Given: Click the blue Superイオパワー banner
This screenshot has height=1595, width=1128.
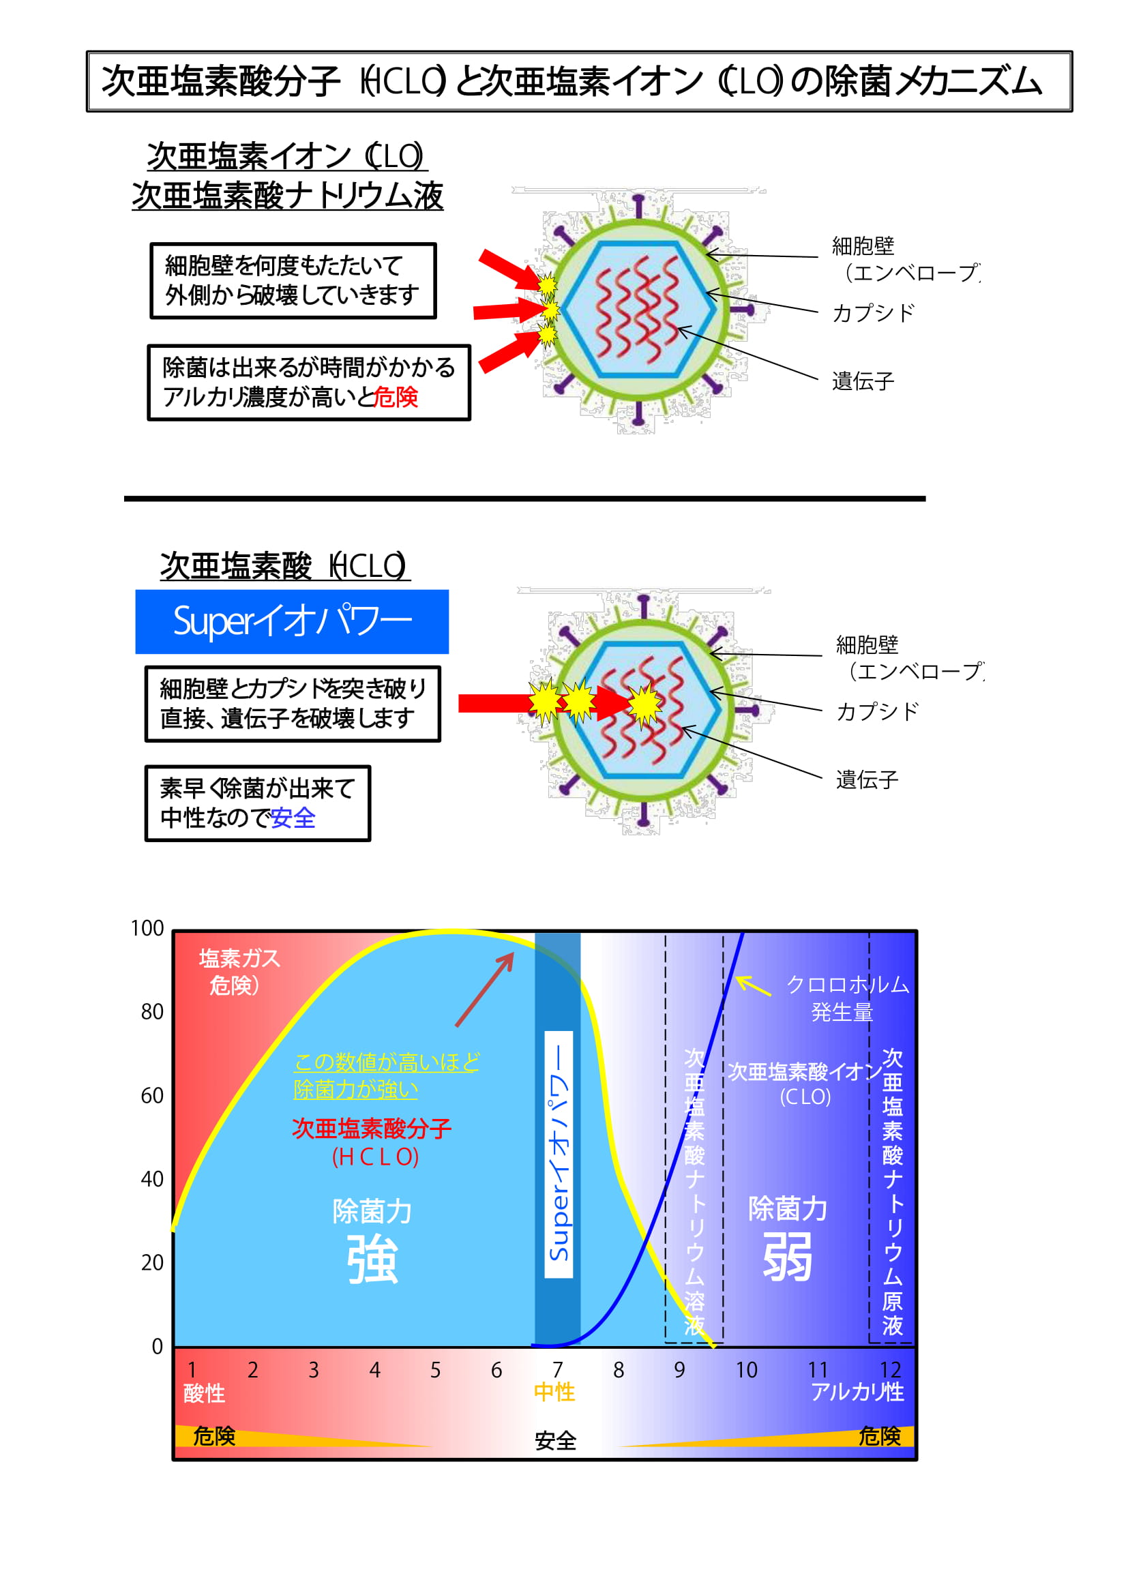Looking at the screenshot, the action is (x=292, y=622).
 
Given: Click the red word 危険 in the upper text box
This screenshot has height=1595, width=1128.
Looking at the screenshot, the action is (x=396, y=397).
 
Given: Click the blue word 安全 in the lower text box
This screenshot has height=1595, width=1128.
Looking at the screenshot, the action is (x=293, y=818).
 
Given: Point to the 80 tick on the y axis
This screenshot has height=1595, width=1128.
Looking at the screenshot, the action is (x=152, y=1011).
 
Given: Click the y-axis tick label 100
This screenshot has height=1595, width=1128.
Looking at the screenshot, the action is (x=147, y=928).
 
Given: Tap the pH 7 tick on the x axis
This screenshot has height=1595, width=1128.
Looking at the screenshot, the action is (x=557, y=1369).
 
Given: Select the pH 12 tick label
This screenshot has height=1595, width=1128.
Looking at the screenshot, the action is (x=891, y=1369).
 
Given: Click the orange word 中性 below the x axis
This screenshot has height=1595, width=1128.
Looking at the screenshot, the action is (x=554, y=1392).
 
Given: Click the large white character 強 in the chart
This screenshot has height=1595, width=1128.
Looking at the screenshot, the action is (x=372, y=1260).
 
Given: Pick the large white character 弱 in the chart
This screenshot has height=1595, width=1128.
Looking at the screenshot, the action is (x=788, y=1257).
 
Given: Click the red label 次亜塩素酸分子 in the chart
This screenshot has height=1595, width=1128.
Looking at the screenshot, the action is (x=372, y=1128).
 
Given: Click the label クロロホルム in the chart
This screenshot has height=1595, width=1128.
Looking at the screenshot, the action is (x=848, y=985).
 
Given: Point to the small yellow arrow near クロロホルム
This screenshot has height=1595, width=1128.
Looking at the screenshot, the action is (x=753, y=986).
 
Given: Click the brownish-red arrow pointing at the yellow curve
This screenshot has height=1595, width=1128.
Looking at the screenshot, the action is (x=485, y=989).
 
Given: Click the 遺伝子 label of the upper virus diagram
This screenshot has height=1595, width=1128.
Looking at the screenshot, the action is (x=863, y=381).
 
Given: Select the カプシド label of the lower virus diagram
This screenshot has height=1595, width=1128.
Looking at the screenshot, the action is (x=877, y=712).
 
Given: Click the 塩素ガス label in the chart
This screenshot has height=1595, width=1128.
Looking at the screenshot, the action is (x=239, y=959).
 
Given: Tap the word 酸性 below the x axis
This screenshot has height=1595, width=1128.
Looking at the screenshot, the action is (x=204, y=1393).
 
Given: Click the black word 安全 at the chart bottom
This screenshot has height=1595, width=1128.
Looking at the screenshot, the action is (x=556, y=1441).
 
